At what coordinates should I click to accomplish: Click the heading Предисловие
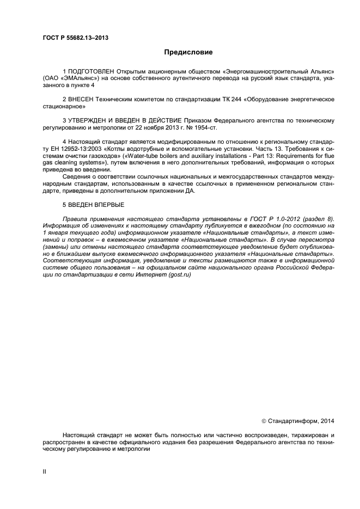[188, 52]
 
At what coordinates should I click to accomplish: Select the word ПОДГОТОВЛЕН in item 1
[93, 72]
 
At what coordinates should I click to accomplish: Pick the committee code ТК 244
[229, 100]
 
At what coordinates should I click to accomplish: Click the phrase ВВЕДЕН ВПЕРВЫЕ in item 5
[96, 204]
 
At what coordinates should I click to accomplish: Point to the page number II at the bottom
[45, 472]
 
